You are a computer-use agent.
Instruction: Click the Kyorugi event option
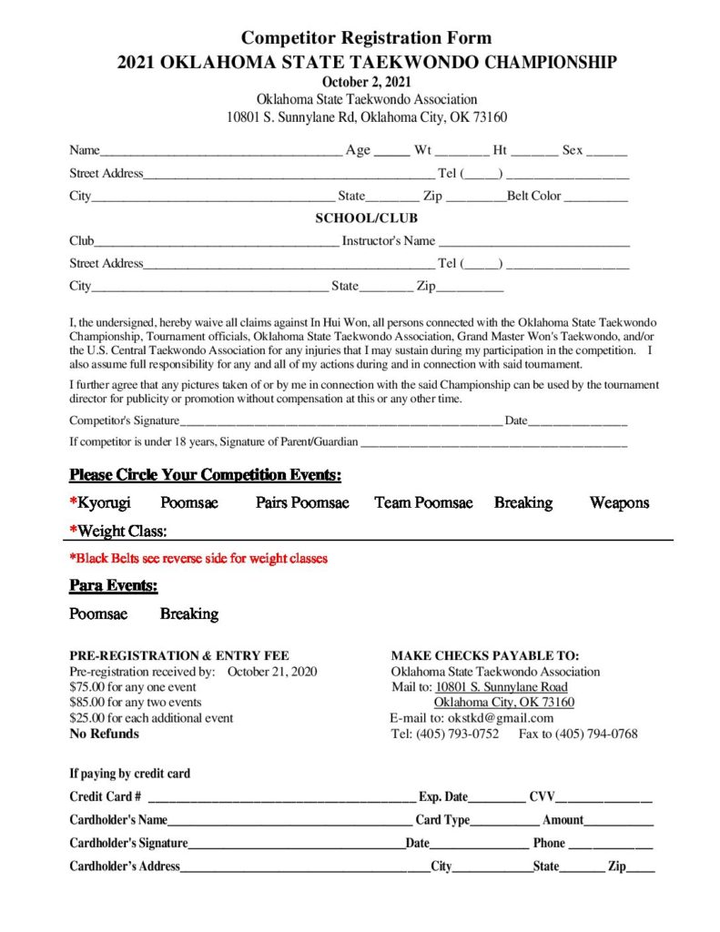pyautogui.click(x=104, y=502)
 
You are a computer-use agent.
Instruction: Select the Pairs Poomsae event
pyautogui.click(x=302, y=502)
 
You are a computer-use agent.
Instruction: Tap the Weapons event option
pyautogui.click(x=619, y=502)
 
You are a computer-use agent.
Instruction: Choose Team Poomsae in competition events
pyautogui.click(x=423, y=502)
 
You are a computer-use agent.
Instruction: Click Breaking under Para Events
pyautogui.click(x=189, y=613)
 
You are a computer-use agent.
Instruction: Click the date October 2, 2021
pyautogui.click(x=367, y=82)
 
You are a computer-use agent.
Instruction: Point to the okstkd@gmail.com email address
pyautogui.click(x=501, y=718)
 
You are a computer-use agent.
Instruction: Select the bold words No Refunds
pyautogui.click(x=105, y=734)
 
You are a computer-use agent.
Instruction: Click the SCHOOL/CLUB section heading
pyautogui.click(x=367, y=218)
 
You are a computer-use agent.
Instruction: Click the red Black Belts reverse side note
pyautogui.click(x=198, y=558)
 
